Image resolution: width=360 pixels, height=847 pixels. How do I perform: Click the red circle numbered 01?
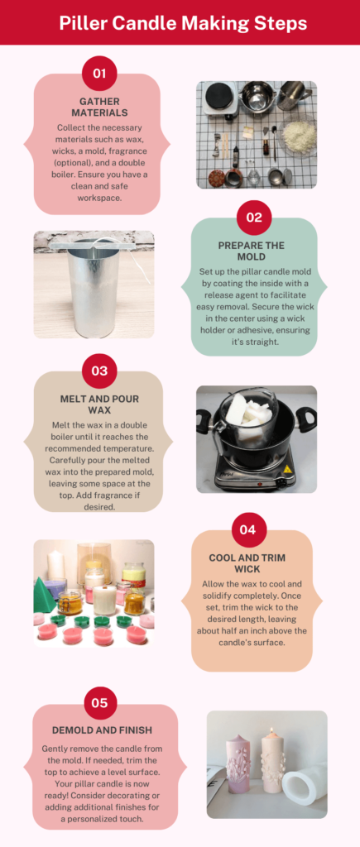coord(99,74)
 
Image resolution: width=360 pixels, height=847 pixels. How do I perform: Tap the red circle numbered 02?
coord(254,218)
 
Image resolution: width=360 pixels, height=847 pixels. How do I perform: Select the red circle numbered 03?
coord(99,371)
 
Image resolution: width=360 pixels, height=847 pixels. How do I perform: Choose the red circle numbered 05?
coord(100,703)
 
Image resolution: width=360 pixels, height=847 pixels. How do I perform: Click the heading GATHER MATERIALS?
coord(100,107)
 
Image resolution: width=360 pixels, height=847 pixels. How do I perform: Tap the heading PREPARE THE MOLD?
coord(253,252)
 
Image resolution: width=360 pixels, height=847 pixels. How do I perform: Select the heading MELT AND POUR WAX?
coord(100,404)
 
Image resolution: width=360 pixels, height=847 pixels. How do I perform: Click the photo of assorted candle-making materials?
coord(257,134)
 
